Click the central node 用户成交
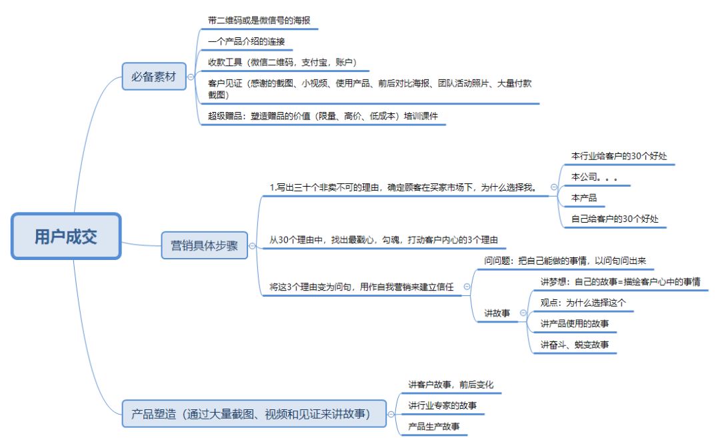click(x=65, y=237)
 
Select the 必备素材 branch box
click(x=154, y=77)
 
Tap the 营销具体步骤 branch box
click(x=204, y=245)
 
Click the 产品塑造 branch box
click(x=256, y=415)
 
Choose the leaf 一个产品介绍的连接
click(x=246, y=41)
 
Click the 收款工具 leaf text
click(x=283, y=62)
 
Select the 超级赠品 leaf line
click(x=323, y=115)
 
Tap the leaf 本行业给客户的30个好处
click(x=619, y=156)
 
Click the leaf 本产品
click(x=584, y=198)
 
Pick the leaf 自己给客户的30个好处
click(x=619, y=219)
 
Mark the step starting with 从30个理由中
click(x=384, y=240)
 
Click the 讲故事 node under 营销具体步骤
click(x=497, y=313)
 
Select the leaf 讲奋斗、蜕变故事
click(x=574, y=345)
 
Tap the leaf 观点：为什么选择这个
click(x=583, y=303)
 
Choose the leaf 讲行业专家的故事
click(x=442, y=405)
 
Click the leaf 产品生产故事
click(x=433, y=426)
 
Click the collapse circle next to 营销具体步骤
click(x=252, y=246)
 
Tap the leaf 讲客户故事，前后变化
click(x=451, y=385)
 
